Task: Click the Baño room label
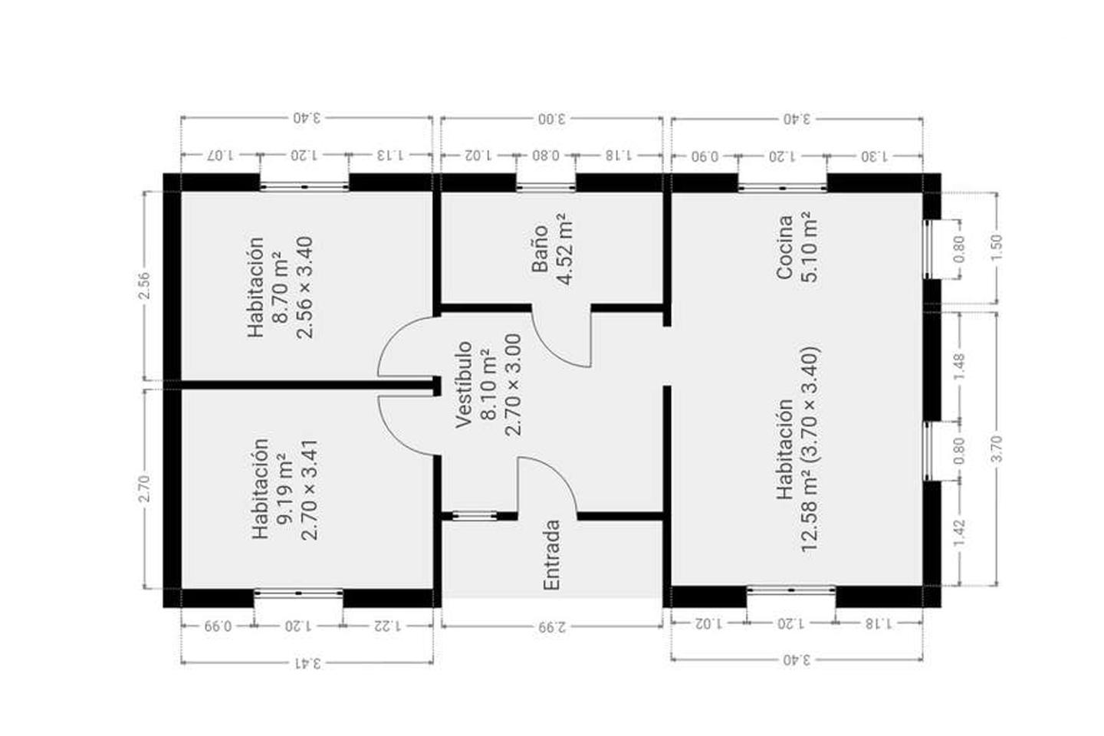click(x=540, y=248)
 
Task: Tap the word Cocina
click(x=784, y=248)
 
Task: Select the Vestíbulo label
click(x=464, y=385)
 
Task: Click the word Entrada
click(x=552, y=554)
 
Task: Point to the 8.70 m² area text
click(x=281, y=287)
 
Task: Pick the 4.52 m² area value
click(x=564, y=249)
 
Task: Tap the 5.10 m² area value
click(x=810, y=247)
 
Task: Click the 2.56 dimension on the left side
click(x=144, y=286)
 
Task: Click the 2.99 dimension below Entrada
click(x=553, y=627)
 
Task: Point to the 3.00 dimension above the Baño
click(x=551, y=119)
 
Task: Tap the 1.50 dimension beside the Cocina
click(x=996, y=248)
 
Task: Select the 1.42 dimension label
click(x=959, y=534)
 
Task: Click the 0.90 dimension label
click(x=705, y=156)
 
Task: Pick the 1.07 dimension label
click(x=219, y=156)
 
